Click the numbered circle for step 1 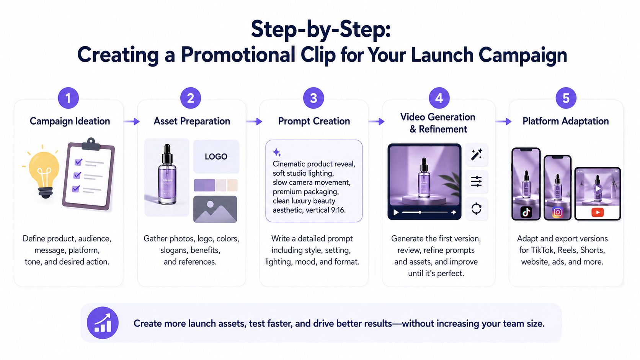(68, 98)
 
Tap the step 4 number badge (439, 98)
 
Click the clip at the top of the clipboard (91, 144)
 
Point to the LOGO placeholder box (216, 156)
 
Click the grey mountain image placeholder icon (215, 209)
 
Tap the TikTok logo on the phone (526, 212)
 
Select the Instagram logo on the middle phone (557, 212)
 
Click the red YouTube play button (598, 212)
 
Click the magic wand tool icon (477, 155)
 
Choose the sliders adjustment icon (477, 182)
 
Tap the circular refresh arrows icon (477, 209)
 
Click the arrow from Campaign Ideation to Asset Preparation (131, 122)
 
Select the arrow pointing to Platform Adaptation (503, 122)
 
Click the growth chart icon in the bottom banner (103, 323)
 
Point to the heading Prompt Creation (314, 121)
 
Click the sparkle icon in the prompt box (277, 152)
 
